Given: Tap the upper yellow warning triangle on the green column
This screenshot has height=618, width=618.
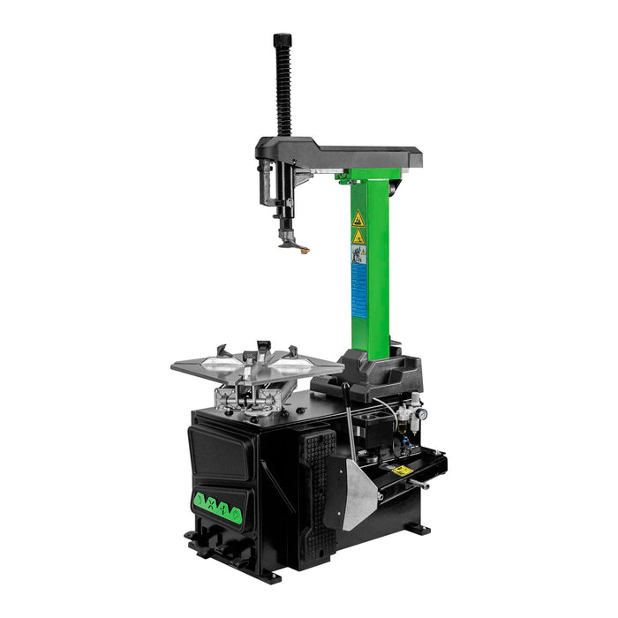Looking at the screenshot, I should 358,219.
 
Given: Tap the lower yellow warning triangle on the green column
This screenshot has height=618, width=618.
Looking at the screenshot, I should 358,237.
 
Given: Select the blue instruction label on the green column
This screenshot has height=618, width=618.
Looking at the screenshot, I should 358,287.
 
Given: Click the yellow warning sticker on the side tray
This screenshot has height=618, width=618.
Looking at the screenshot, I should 403,471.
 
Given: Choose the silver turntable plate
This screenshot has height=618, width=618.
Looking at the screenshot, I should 256,364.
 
